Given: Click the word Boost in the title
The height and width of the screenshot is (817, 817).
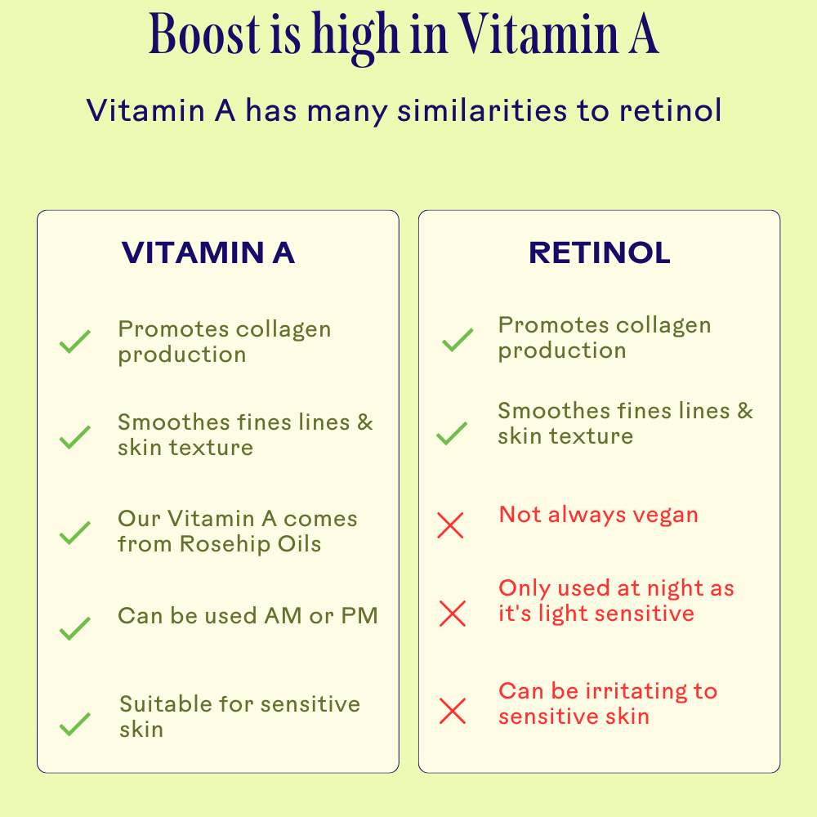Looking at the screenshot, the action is point(204,34).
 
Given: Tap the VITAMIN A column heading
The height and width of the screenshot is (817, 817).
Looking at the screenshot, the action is point(208,252).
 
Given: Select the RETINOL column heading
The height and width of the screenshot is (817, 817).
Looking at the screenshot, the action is point(599,252).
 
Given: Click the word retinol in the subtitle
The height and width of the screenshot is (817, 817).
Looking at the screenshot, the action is point(670,110).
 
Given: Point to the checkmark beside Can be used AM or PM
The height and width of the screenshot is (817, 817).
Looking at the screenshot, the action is point(75,627).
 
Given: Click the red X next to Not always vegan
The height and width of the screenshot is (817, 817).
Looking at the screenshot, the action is point(450,525).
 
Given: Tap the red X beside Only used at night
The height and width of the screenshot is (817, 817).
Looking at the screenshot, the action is point(453,614).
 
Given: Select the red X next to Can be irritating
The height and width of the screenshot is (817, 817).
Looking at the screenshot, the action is point(453,711).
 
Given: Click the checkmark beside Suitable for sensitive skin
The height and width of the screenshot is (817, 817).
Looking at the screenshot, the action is point(75,724).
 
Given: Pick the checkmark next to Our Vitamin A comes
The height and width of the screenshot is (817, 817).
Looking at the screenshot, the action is point(75,533).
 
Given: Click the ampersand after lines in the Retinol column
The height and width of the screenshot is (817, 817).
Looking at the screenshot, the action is point(745,411).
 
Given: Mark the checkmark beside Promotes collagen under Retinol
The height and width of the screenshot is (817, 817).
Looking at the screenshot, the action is point(458,340).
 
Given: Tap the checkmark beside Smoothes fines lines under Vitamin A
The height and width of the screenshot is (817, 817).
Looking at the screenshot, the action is point(75,437).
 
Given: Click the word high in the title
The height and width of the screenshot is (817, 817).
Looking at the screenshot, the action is point(355,38).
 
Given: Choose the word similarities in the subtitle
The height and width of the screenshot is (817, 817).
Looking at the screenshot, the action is point(482,110).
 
